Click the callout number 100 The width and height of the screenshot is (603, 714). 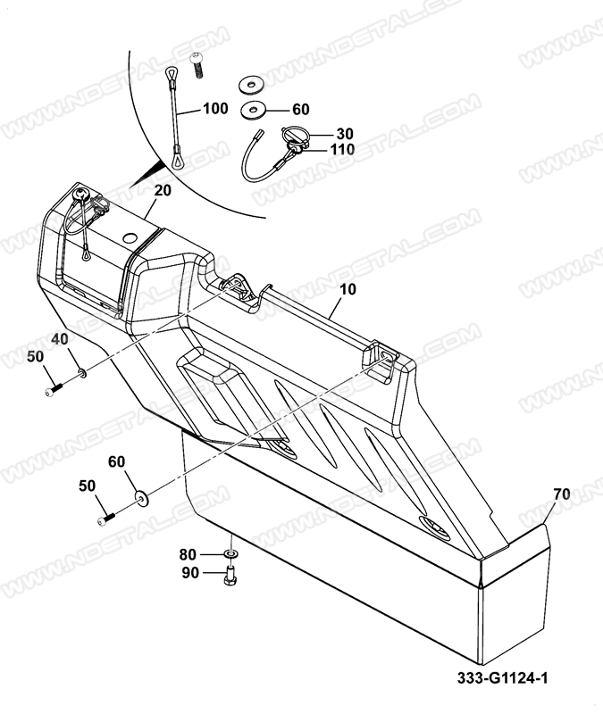[215, 108]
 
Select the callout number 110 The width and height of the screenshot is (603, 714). [342, 149]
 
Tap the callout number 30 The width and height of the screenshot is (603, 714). [345, 133]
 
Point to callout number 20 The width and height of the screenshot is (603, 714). [163, 190]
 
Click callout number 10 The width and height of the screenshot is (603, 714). [348, 289]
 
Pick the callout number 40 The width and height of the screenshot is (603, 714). [60, 339]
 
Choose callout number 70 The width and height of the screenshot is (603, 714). [562, 494]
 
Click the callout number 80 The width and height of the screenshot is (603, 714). [188, 554]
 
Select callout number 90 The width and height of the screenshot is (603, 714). [190, 573]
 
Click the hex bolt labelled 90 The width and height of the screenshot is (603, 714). [231, 575]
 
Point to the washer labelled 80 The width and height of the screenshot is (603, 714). [231, 553]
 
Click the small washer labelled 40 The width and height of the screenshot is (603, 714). [82, 374]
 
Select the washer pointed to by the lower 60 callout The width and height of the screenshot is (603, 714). [142, 498]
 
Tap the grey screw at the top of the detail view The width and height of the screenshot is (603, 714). [197, 65]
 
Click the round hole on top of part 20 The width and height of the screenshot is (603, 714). [130, 237]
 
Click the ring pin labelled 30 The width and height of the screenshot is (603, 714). [295, 138]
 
